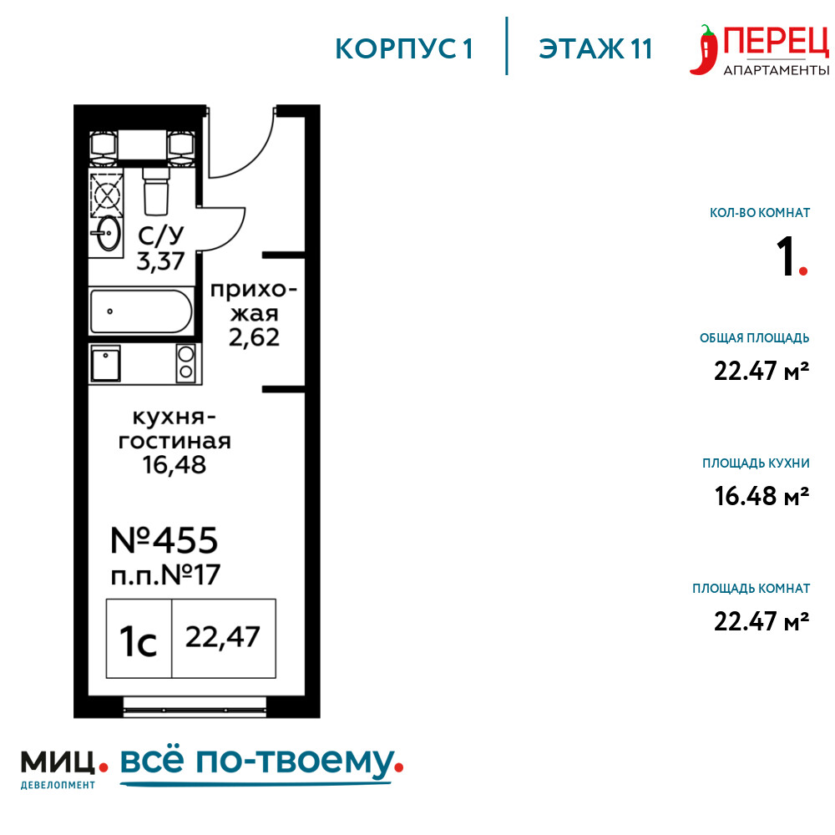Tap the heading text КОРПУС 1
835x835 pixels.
point(403,48)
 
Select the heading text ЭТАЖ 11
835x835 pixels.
point(595,48)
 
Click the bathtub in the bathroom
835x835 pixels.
point(141,311)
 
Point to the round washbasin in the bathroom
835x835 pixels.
point(109,232)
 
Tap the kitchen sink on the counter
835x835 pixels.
point(105,363)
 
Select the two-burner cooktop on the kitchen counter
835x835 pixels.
point(186,363)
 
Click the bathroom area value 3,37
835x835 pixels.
point(160,261)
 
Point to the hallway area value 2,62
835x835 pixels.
point(254,337)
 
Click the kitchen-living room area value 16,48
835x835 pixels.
point(175,465)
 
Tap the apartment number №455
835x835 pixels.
point(164,540)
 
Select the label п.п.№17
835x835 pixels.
point(165,574)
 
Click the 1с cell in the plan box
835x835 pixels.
point(139,639)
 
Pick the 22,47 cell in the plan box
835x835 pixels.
point(224,639)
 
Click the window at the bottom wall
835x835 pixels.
point(195,707)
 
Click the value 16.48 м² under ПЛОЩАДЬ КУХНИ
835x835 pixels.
point(762,496)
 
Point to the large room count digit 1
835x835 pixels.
point(786,256)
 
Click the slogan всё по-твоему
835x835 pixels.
point(258,762)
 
